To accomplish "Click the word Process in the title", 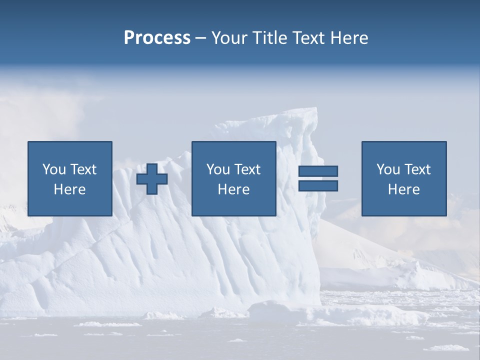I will pyautogui.click(x=157, y=38).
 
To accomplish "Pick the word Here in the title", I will pyautogui.click(x=349, y=38).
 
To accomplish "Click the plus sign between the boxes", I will pyautogui.click(x=152, y=178).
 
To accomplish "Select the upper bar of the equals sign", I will pyautogui.click(x=318, y=171).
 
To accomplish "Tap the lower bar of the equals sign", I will pyautogui.click(x=318, y=185).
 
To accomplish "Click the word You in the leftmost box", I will pyautogui.click(x=54, y=169).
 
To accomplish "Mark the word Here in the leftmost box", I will pyautogui.click(x=69, y=189).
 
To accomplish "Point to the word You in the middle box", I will pyautogui.click(x=218, y=169).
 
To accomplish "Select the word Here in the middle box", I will pyautogui.click(x=233, y=189).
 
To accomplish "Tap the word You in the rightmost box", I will pyautogui.click(x=388, y=169).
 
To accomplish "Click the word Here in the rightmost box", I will pyautogui.click(x=403, y=189).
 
